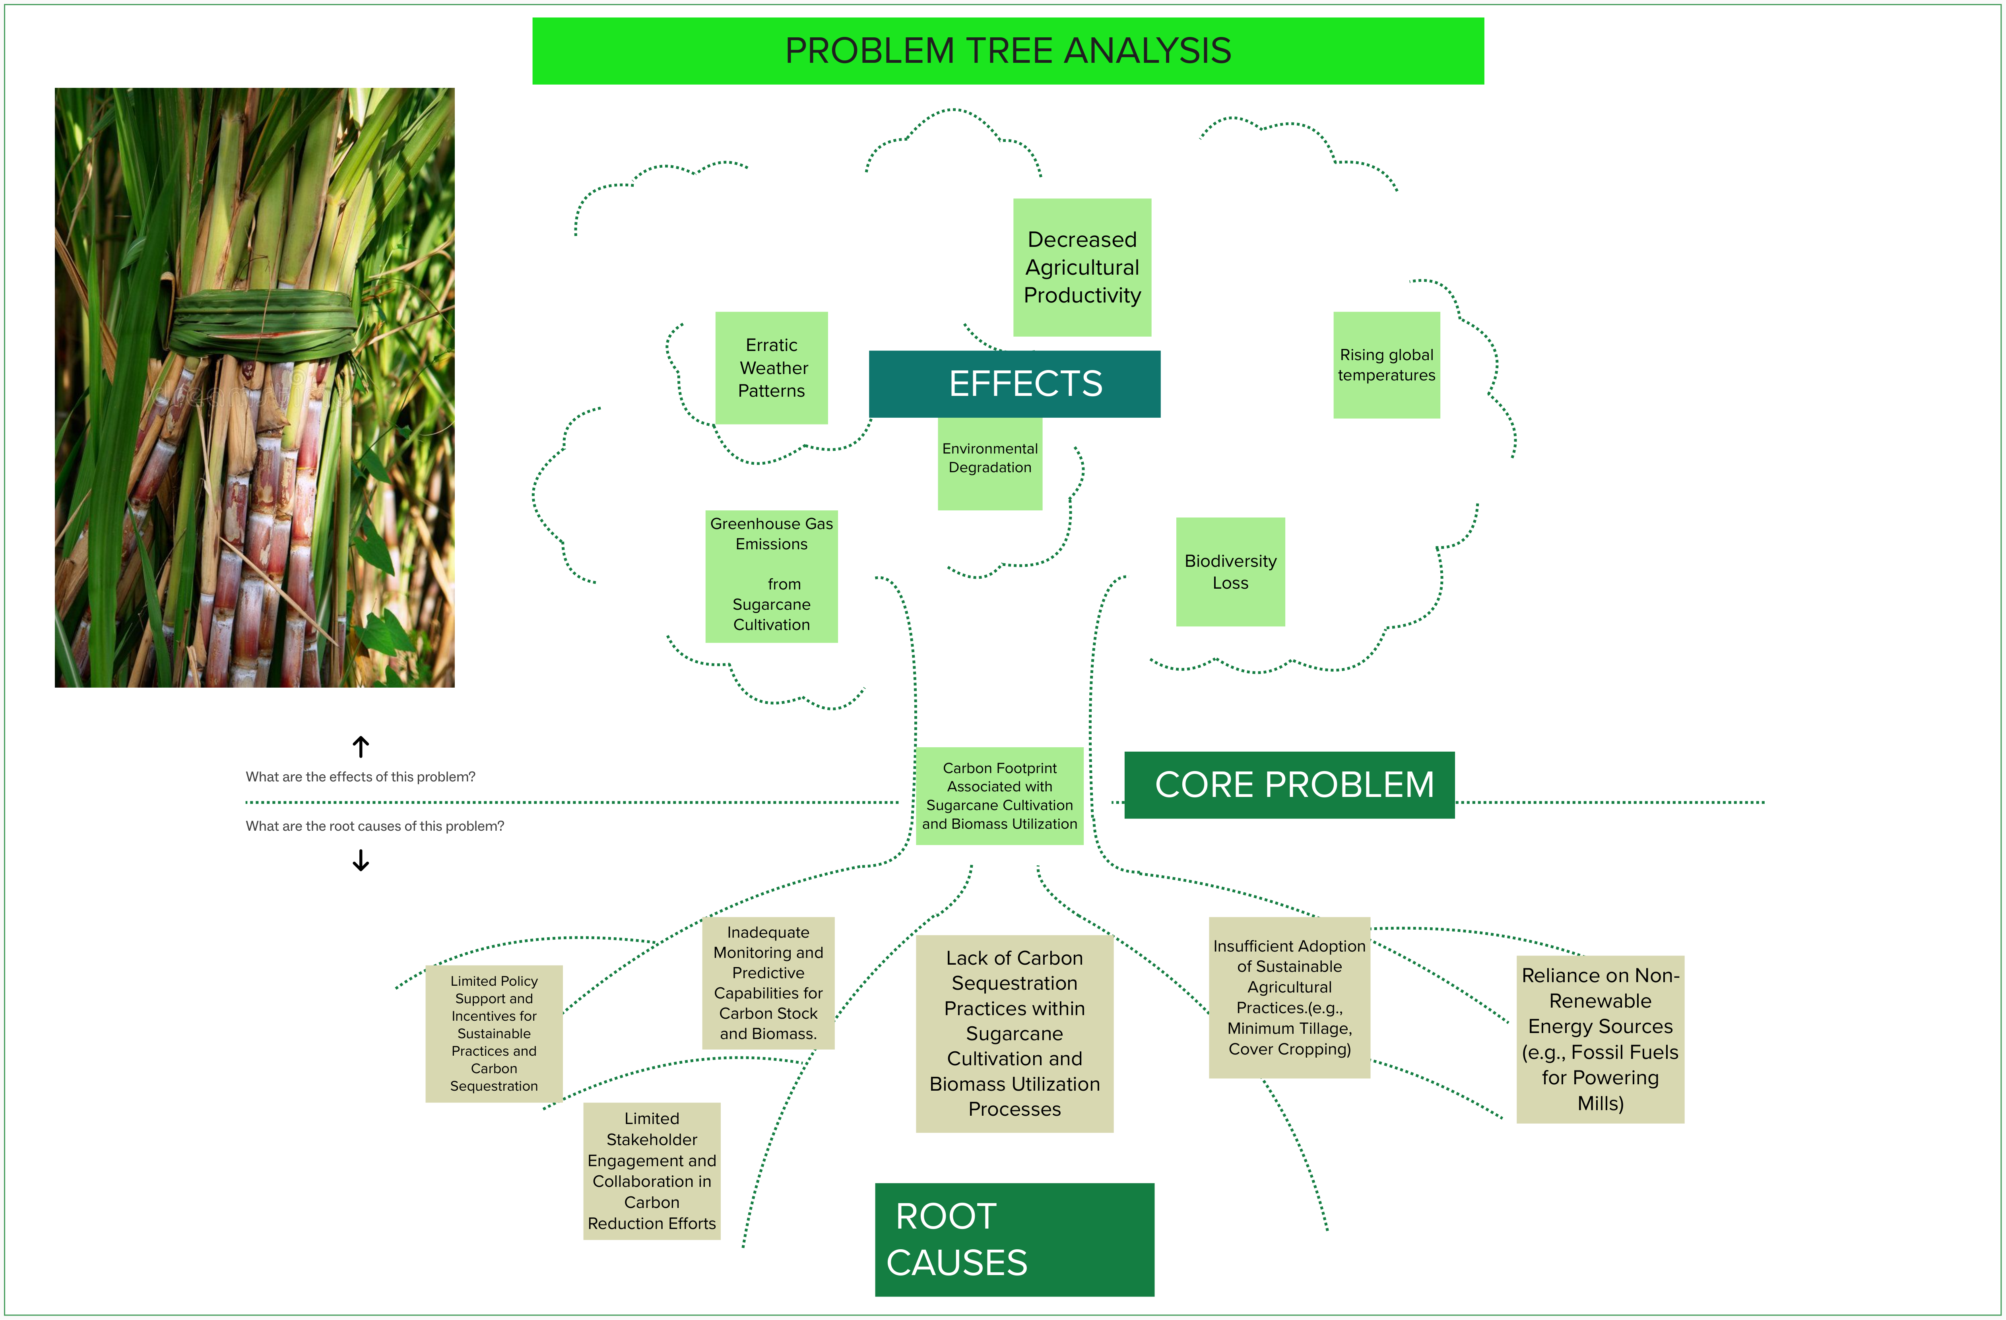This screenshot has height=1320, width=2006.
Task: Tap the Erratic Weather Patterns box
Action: [771, 368]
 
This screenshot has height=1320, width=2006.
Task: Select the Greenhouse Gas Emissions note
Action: [771, 576]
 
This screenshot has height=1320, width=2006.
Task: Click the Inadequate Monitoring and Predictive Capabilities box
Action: [768, 983]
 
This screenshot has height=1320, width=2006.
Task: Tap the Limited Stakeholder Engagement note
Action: [652, 1171]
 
